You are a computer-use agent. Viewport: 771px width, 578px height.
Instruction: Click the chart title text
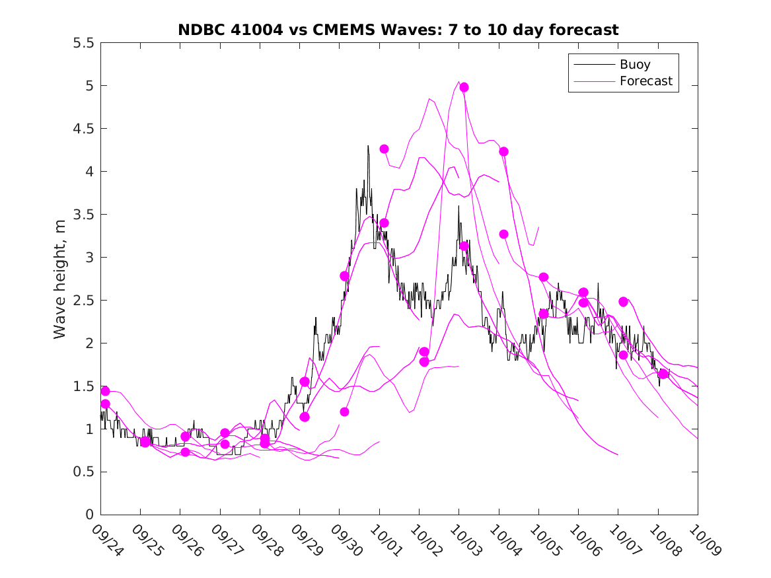398,30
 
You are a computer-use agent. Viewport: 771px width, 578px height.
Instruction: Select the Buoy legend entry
634,65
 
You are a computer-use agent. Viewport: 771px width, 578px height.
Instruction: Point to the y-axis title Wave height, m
60,278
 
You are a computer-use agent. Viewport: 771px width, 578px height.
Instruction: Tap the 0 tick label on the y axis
89,515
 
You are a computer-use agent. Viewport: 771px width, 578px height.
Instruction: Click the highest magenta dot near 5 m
464,87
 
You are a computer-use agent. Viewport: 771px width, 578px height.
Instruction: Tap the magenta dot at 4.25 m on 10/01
384,149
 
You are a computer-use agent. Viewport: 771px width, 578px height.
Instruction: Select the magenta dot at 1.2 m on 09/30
344,412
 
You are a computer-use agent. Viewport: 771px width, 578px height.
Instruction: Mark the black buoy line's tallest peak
368,146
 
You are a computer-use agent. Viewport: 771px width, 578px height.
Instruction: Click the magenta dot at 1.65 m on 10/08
663,374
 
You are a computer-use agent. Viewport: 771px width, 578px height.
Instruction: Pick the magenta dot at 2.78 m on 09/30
344,275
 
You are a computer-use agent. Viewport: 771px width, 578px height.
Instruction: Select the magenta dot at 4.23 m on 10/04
503,151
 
